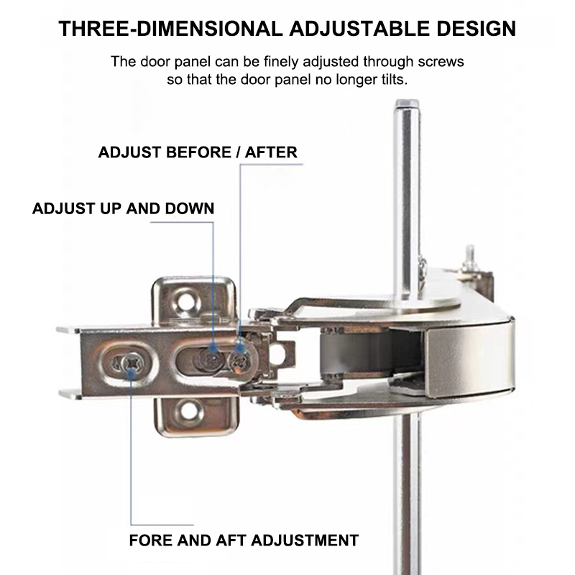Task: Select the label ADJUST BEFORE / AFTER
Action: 198,152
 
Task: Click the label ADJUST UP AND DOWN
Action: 123,209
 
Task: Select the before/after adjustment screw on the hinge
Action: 240,354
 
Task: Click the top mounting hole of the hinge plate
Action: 188,296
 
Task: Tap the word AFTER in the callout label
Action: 271,152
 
